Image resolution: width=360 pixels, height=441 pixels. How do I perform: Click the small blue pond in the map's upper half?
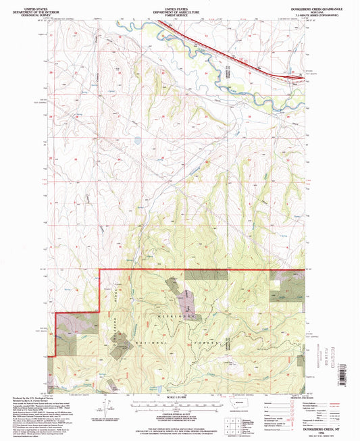pyautogui.click(x=138, y=141)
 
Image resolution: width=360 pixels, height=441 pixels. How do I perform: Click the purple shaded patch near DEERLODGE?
pyautogui.click(x=183, y=294)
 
